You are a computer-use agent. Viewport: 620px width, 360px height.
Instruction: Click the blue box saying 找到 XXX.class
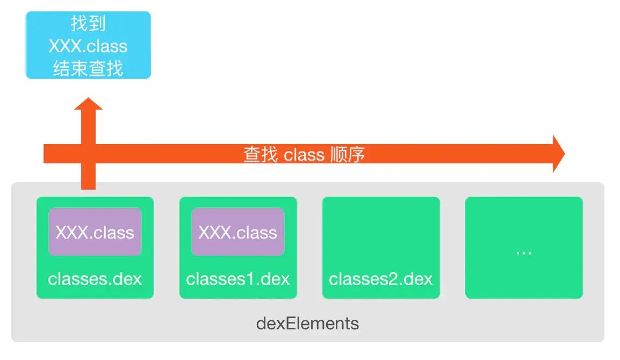point(88,45)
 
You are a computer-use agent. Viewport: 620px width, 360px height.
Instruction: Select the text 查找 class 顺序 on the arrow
point(304,155)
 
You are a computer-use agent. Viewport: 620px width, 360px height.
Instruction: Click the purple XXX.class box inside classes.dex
point(95,232)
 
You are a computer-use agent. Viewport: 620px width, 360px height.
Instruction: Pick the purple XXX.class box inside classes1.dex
point(238,232)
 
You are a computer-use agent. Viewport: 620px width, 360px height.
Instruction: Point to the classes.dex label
point(95,279)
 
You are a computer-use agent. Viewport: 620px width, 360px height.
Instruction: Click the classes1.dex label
point(238,279)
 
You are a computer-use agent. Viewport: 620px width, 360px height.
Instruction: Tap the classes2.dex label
point(381,279)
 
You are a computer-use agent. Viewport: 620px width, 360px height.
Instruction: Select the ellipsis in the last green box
point(523,252)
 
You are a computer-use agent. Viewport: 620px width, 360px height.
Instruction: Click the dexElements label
point(307,323)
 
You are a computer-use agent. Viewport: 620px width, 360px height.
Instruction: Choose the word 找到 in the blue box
point(88,24)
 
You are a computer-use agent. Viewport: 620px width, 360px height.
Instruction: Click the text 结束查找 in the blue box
point(88,69)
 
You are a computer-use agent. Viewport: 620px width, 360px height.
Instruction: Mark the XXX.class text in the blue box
point(88,46)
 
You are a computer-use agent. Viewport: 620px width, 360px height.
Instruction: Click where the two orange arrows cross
point(88,154)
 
